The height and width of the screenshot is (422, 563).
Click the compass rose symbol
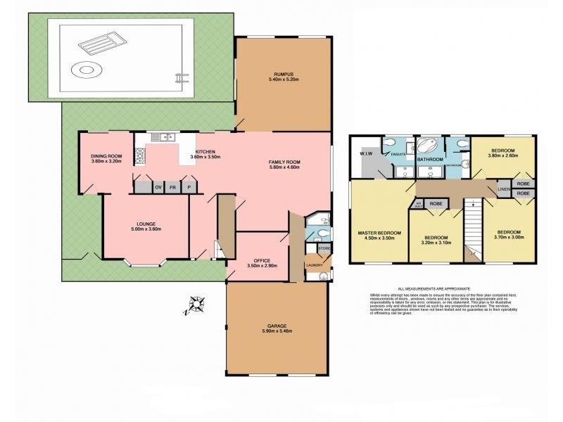click(x=196, y=305)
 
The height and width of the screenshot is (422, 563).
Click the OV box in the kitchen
click(x=158, y=188)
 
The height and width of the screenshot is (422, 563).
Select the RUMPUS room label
click(x=283, y=75)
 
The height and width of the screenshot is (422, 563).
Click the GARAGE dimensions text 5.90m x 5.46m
click(x=276, y=331)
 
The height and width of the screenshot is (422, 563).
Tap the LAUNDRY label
click(x=315, y=265)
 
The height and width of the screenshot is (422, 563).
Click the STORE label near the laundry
click(x=324, y=248)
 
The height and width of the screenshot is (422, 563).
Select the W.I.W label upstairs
click(x=365, y=152)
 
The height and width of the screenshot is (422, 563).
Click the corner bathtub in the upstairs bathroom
click(x=426, y=146)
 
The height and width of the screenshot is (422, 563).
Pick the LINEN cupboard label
click(x=503, y=189)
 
